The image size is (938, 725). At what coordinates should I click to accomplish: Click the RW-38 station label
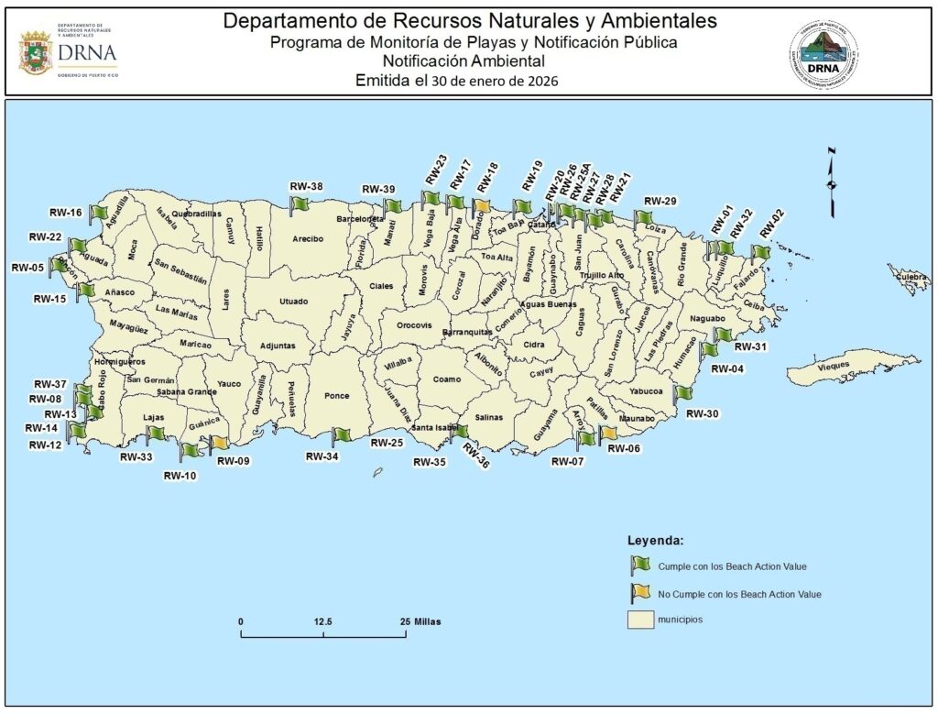(306, 187)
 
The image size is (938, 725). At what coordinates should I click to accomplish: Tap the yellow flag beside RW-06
(607, 434)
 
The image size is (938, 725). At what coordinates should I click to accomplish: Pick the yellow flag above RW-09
(220, 443)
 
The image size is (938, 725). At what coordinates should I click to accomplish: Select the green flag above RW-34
(340, 434)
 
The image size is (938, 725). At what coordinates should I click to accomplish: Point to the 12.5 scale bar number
(322, 621)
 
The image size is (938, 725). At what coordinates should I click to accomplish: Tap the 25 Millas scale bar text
(421, 621)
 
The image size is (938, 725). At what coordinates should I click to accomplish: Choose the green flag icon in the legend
(639, 565)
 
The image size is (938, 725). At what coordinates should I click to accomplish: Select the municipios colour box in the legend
(639, 621)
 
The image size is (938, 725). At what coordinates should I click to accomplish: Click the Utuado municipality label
(294, 301)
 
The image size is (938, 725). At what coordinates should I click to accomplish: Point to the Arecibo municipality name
(308, 239)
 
